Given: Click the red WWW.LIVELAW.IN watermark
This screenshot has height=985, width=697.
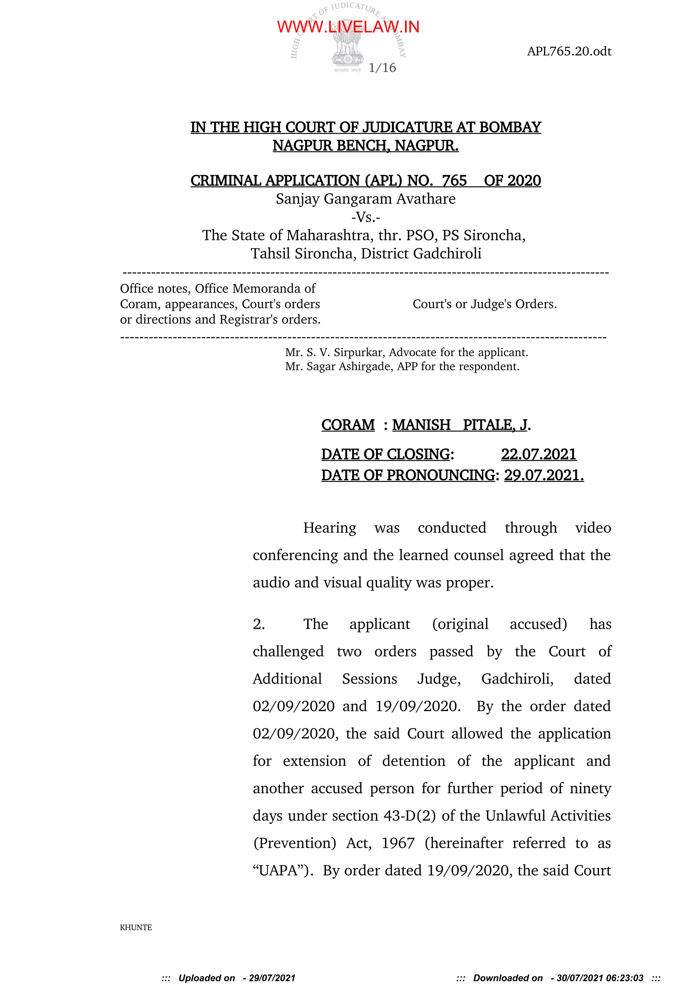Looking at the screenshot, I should pos(348,27).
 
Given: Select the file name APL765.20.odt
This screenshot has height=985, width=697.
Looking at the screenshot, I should pos(569,51).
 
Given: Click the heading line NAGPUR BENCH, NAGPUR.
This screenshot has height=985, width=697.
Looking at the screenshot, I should pos(366,146).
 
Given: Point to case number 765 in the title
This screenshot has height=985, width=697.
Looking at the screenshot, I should pos(454,181).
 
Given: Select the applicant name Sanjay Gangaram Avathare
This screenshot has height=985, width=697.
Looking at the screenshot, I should pos(366,199).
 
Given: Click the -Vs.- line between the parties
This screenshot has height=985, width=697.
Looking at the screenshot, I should pos(366,217).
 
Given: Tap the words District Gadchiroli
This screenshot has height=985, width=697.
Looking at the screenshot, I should pos(421,253).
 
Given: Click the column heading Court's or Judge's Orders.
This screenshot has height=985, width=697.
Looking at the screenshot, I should pos(485,304).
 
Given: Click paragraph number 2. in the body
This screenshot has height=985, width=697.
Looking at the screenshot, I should pos(259,624).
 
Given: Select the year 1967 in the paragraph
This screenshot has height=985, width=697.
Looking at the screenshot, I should pos(398,843).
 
